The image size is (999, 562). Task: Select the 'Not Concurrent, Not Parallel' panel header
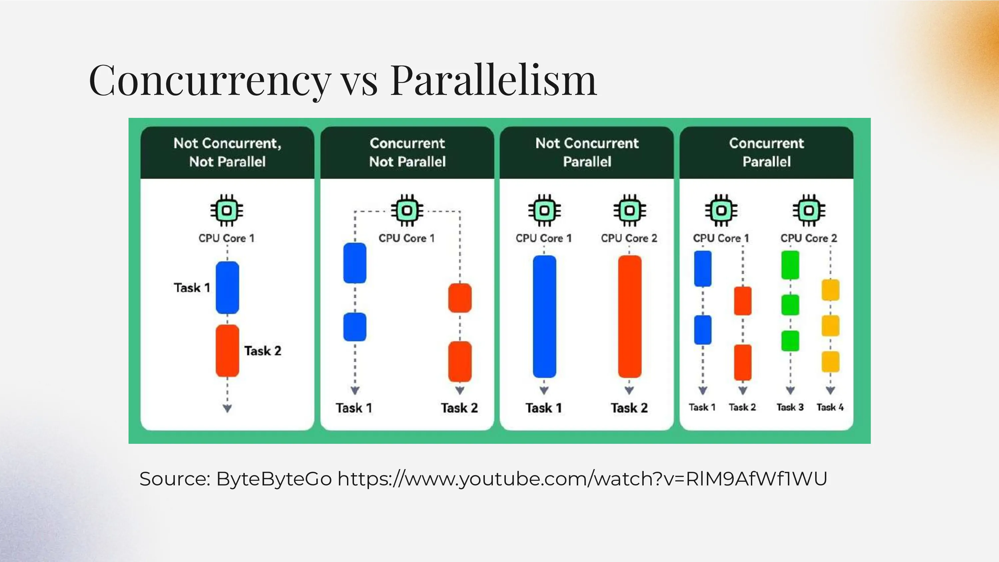(x=227, y=152)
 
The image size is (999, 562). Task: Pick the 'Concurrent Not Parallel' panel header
(x=407, y=152)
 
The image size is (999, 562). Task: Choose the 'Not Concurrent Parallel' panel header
(x=587, y=152)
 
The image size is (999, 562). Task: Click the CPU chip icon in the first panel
(x=227, y=210)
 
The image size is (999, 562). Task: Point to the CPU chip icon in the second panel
(x=407, y=210)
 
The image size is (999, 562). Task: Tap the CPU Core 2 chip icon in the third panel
(x=629, y=210)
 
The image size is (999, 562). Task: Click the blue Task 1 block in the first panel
(x=227, y=287)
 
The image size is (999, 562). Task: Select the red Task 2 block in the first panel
(x=227, y=351)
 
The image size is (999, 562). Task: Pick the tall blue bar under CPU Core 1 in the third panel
(x=544, y=316)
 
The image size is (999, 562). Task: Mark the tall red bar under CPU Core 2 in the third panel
(x=629, y=316)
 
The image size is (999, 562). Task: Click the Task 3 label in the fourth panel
(x=790, y=407)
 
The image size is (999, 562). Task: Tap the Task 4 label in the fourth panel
(x=830, y=407)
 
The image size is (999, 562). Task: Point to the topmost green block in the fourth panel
(x=790, y=265)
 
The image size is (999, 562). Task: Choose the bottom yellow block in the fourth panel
(x=830, y=362)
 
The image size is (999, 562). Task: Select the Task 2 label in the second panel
(x=459, y=408)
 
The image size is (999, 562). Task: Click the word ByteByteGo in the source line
(x=274, y=479)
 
